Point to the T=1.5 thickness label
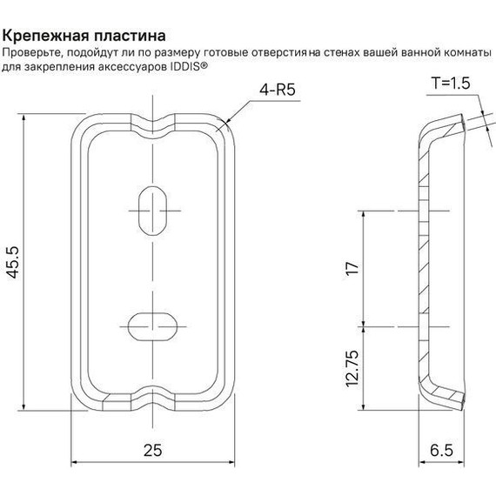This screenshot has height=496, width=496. coord(450,85)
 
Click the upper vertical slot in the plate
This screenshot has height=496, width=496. coord(153,209)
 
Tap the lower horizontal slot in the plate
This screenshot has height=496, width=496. coord(153,326)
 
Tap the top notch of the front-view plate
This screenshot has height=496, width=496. coord(153,117)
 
